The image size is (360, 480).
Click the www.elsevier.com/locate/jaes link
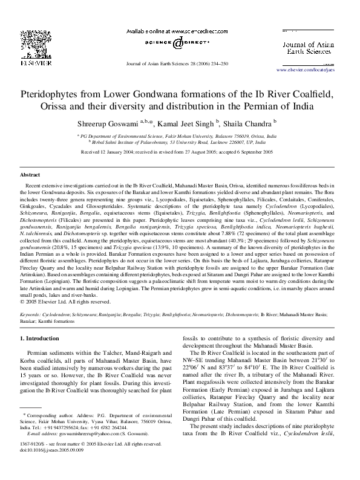tap(304, 71)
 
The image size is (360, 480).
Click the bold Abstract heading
tap(30, 173)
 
